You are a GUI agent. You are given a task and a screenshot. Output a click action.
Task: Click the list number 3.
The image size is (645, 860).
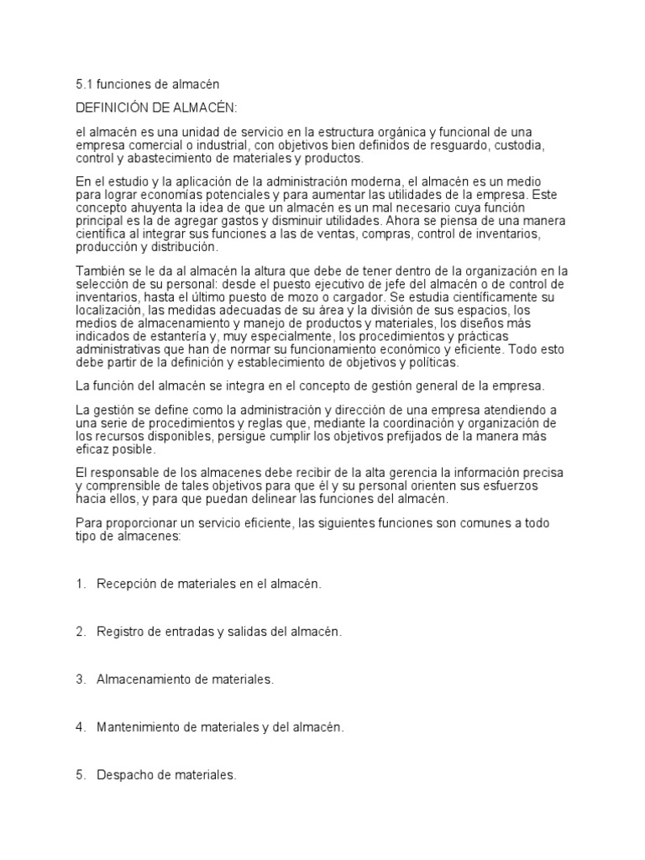click(x=81, y=679)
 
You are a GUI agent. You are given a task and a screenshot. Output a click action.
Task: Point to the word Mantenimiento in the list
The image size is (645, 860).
click(x=142, y=727)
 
